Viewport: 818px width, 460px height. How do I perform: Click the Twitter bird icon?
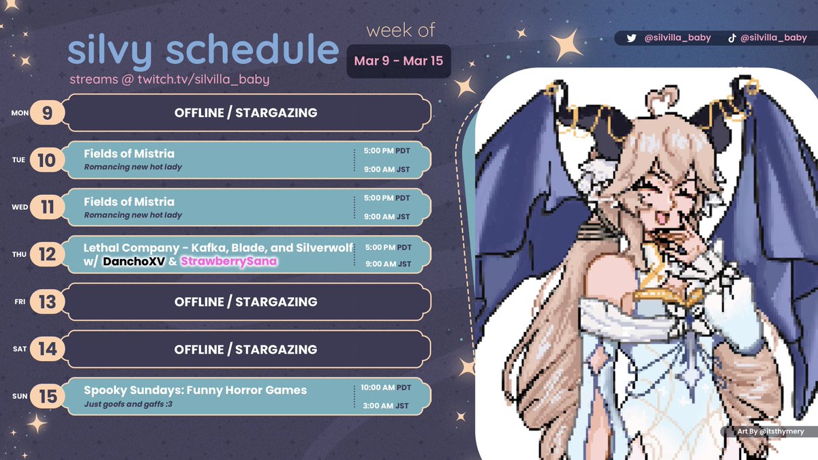tap(631, 38)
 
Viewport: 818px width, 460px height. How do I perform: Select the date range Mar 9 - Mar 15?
tap(398, 61)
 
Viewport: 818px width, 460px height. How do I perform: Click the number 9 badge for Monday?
tap(47, 112)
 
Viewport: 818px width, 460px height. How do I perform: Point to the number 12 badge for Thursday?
tap(47, 255)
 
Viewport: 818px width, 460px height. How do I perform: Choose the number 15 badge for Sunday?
tap(47, 397)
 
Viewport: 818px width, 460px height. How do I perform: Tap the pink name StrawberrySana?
tap(228, 262)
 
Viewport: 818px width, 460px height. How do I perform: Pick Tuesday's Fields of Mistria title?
tap(129, 154)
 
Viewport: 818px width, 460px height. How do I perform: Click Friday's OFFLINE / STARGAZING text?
tap(245, 302)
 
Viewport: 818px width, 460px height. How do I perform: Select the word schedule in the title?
tap(271, 51)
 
